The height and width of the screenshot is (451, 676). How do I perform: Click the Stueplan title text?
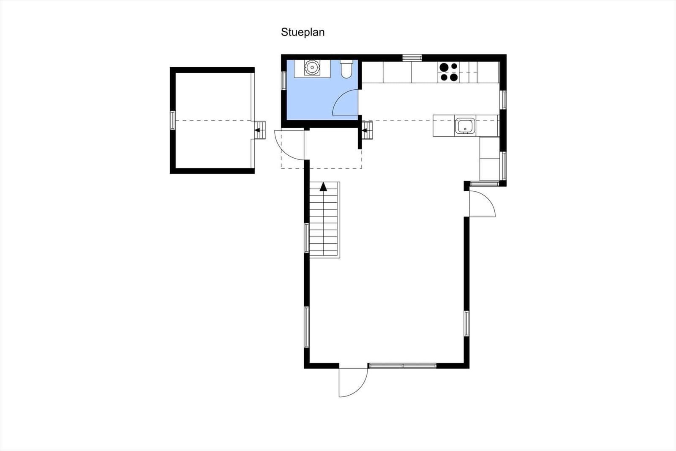tap(303, 32)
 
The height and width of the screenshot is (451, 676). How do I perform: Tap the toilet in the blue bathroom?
tap(346, 69)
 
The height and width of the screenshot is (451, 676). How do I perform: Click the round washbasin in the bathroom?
tap(312, 67)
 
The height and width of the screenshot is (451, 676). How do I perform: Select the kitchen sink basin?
tap(465, 126)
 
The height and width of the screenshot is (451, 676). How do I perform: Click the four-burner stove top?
tap(449, 72)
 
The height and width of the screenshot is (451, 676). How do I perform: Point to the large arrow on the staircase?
tap(323, 187)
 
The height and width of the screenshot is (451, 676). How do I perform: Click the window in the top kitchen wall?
tap(412, 58)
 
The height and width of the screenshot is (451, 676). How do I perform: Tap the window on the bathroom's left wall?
tap(283, 81)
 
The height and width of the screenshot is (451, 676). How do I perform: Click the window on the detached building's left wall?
tap(173, 120)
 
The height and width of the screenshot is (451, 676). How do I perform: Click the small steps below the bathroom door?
tap(367, 130)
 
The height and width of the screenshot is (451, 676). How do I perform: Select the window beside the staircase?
tap(307, 238)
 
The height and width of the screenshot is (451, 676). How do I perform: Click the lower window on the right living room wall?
tap(466, 324)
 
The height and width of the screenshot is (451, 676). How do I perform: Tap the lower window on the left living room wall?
tap(307, 327)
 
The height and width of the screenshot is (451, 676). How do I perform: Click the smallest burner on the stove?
tap(454, 66)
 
